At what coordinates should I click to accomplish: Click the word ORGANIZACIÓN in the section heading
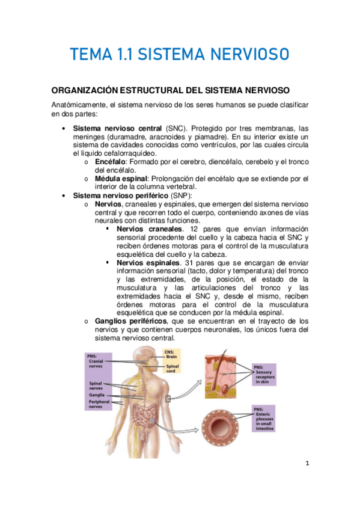pyautogui.click(x=91, y=90)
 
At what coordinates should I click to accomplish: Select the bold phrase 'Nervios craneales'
pyautogui.click(x=149, y=229)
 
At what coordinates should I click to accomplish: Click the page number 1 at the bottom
pyautogui.click(x=307, y=464)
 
